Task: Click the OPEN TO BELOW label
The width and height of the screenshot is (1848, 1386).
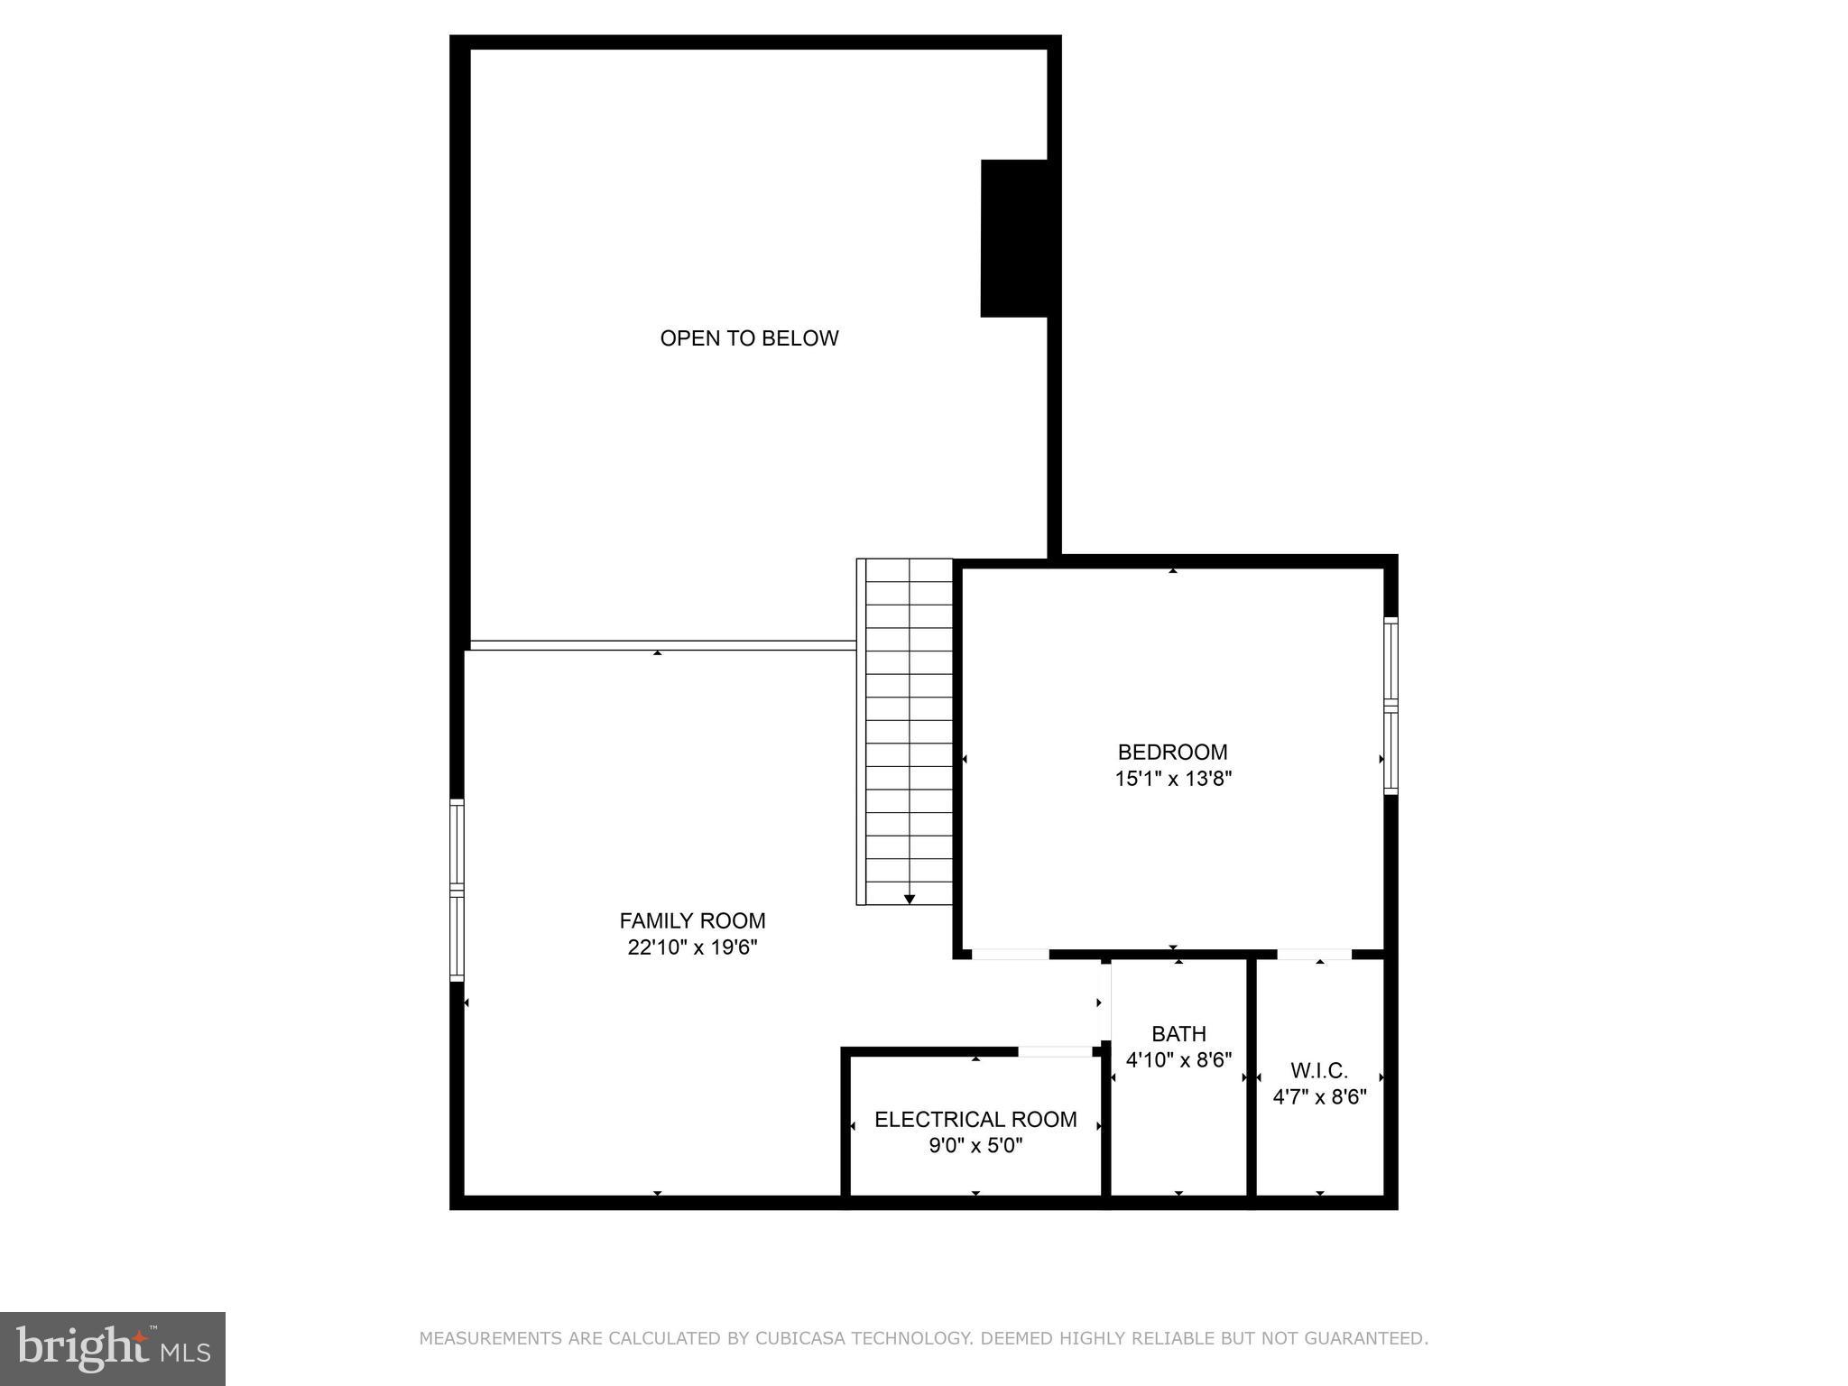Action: (749, 338)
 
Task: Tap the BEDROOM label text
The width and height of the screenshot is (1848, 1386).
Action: (1172, 752)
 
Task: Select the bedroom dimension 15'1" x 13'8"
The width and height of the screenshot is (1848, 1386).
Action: (1173, 779)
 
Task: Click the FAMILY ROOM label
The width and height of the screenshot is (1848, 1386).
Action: (692, 920)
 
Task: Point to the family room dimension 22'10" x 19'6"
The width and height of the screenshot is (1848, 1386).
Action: (692, 947)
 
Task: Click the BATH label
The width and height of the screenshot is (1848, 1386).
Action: (1178, 1033)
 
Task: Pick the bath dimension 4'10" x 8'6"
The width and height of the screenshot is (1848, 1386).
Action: (1178, 1059)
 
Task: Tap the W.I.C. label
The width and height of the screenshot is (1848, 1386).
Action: (1319, 1070)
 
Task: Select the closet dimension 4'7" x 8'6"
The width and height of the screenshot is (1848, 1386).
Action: (1319, 1097)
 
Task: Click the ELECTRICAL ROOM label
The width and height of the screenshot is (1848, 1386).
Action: (975, 1119)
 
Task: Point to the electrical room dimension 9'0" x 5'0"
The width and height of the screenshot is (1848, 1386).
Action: (975, 1146)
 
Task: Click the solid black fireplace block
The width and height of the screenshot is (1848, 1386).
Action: (1014, 238)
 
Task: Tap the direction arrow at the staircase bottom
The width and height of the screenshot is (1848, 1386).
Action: (910, 899)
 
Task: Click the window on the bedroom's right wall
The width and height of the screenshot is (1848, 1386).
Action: (1391, 706)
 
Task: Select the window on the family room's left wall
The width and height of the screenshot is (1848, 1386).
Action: (457, 890)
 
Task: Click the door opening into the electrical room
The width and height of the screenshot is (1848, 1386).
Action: (1055, 1051)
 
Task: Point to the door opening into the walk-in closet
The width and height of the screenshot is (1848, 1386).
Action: (1314, 954)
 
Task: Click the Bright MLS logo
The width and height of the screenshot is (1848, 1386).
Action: (113, 1348)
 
